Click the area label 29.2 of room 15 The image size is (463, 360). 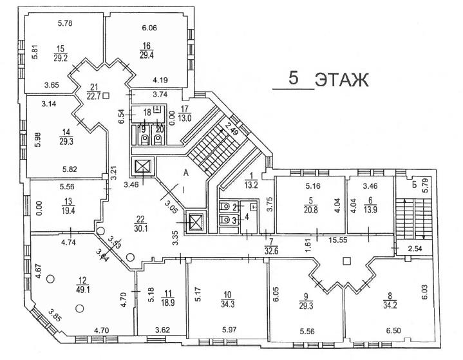click(x=61, y=57)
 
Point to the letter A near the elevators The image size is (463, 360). click(x=185, y=172)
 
